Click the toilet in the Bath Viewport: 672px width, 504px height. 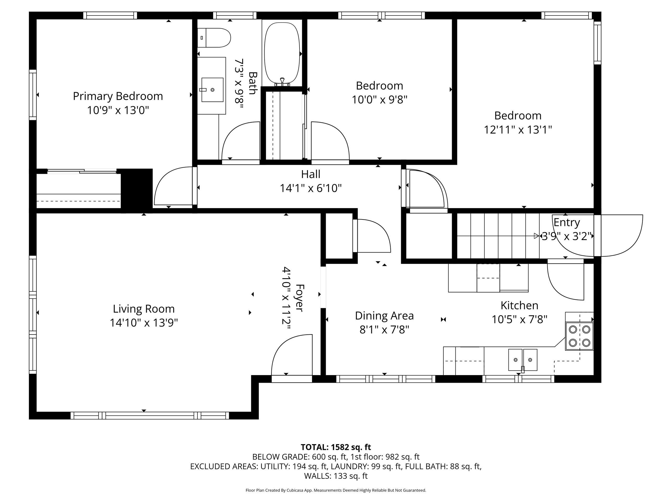(214, 38)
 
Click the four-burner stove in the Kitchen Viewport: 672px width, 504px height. (579, 336)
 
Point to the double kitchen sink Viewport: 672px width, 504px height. (523, 360)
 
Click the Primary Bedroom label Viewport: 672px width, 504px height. (118, 96)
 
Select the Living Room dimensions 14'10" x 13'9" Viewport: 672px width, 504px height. (144, 323)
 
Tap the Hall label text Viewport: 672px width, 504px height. (311, 174)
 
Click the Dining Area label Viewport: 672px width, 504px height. (384, 316)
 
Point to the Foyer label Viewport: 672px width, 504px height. (299, 298)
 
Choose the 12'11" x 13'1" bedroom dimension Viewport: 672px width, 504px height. (518, 130)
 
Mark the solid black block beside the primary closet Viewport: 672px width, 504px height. (136, 188)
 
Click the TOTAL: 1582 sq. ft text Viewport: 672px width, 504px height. (336, 447)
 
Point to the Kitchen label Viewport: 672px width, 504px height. (519, 305)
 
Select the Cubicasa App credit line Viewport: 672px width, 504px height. (336, 490)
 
